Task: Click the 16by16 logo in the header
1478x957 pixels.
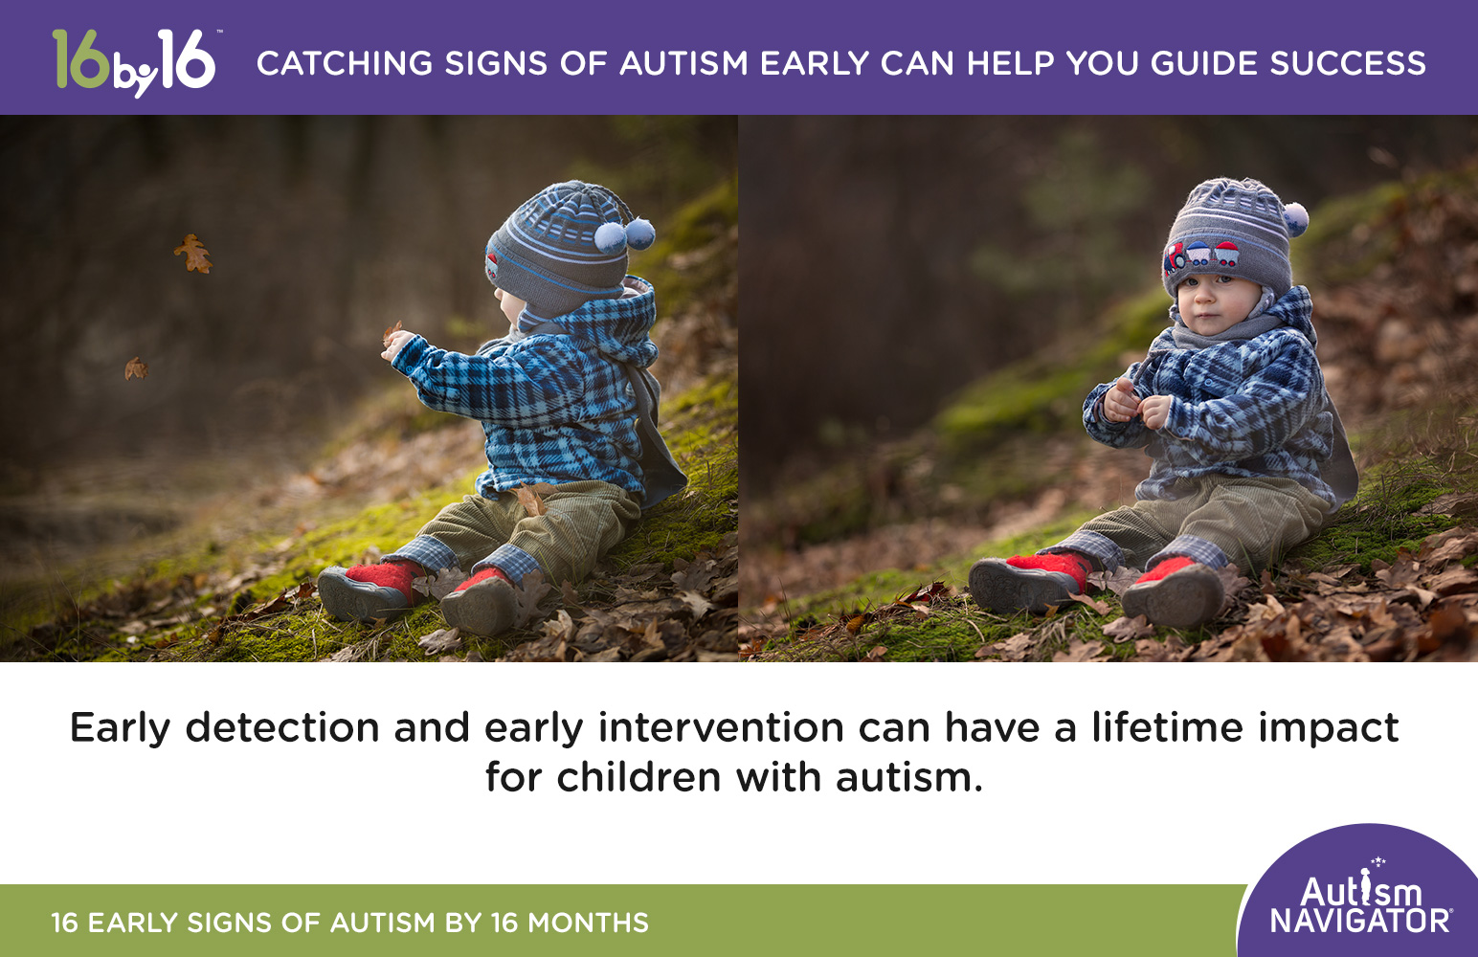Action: tap(134, 62)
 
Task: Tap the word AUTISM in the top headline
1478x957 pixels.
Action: tap(683, 64)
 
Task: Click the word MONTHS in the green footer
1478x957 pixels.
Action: tap(588, 923)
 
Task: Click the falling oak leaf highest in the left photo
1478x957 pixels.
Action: tap(194, 254)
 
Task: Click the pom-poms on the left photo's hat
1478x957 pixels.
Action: tap(625, 233)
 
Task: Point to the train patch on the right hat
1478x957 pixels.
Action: tap(1200, 256)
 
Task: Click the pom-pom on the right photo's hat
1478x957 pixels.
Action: tap(1294, 218)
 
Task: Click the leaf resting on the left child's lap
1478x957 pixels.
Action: tap(529, 499)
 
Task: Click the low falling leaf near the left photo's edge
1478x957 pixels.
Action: tap(136, 368)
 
